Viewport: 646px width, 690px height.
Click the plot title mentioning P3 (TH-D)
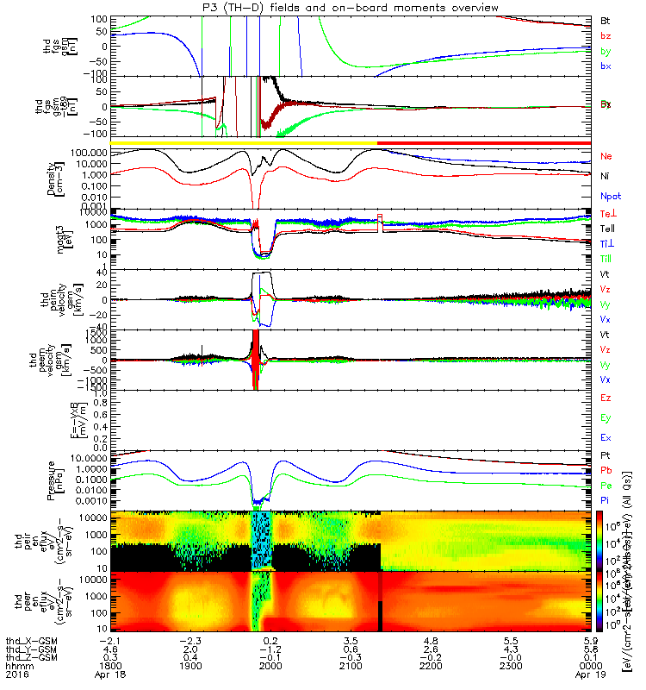pyautogui.click(x=322, y=8)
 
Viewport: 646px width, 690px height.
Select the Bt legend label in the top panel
pyautogui.click(x=606, y=19)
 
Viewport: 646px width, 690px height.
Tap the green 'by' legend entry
pyautogui.click(x=606, y=52)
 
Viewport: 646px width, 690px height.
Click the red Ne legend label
pyautogui.click(x=606, y=156)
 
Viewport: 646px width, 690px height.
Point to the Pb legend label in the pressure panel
pyautogui.click(x=606, y=471)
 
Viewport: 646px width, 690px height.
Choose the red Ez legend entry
pyautogui.click(x=606, y=398)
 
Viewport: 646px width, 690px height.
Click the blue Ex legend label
pyautogui.click(x=606, y=438)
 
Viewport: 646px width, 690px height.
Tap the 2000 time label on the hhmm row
pyautogui.click(x=270, y=667)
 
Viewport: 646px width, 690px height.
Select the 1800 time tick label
pyautogui.click(x=109, y=667)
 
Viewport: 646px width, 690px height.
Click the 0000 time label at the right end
pyautogui.click(x=590, y=667)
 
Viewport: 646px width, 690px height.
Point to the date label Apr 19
pyautogui.click(x=590, y=677)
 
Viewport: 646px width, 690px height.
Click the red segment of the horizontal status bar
pyautogui.click(x=483, y=141)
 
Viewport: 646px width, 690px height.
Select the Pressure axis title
pyautogui.click(x=76, y=475)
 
